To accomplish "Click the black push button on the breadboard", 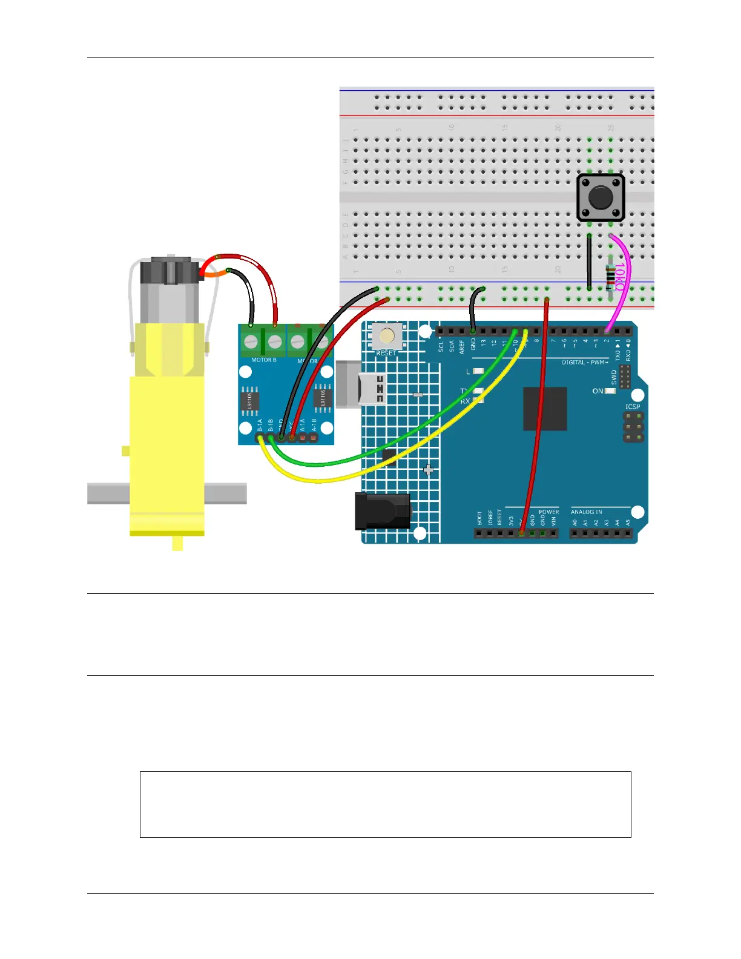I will click(x=600, y=198).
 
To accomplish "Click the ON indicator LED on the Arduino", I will click(x=610, y=391).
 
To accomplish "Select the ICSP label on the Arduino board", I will click(x=633, y=406).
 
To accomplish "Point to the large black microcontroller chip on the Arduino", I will click(x=545, y=409).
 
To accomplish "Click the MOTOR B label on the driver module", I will click(x=263, y=360).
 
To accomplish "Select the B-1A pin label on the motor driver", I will click(x=260, y=425).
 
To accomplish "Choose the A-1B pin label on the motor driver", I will click(x=314, y=425).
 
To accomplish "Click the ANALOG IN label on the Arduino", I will click(x=586, y=512).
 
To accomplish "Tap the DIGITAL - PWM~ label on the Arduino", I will click(x=585, y=363).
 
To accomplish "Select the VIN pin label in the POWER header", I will click(x=553, y=521).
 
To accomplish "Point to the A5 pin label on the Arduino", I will click(x=628, y=522).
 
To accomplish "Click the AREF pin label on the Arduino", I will click(x=462, y=346).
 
